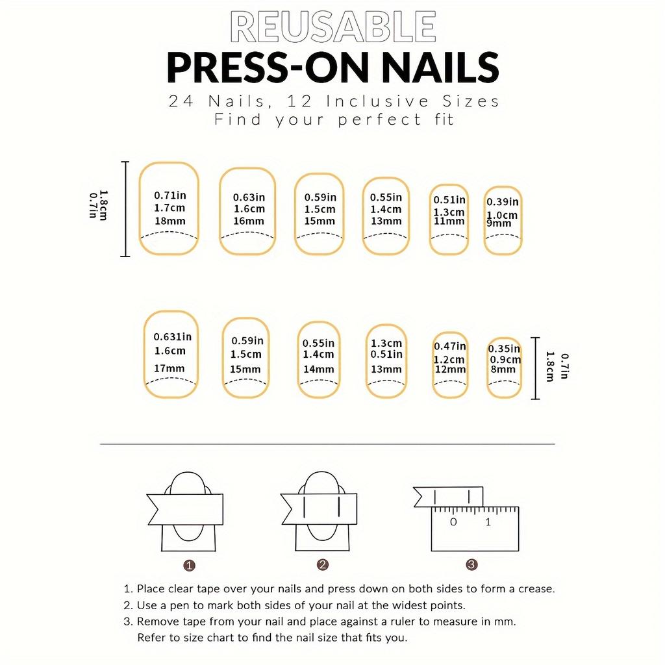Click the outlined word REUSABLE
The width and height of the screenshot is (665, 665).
pyautogui.click(x=333, y=27)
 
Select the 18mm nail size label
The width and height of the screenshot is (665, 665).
pyautogui.click(x=169, y=221)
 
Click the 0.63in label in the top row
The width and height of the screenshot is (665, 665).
pyautogui.click(x=249, y=197)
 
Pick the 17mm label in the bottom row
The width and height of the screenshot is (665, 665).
pyautogui.click(x=169, y=368)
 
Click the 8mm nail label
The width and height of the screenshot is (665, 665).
pyautogui.click(x=503, y=370)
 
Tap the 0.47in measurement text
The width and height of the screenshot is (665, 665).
pyautogui.click(x=450, y=347)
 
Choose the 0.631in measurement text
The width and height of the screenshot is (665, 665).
pyautogui.click(x=173, y=337)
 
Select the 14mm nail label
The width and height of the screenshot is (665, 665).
pyautogui.click(x=318, y=370)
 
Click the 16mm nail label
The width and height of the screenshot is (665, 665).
pyautogui.click(x=249, y=221)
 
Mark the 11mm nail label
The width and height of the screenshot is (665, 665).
pyautogui.click(x=449, y=221)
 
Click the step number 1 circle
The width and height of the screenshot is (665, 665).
pyautogui.click(x=189, y=566)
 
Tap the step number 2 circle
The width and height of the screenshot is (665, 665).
pyautogui.click(x=323, y=564)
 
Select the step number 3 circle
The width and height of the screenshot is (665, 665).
pyautogui.click(x=471, y=564)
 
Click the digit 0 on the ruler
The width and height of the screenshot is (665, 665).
pyautogui.click(x=453, y=521)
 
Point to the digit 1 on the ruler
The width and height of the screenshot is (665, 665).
pyautogui.click(x=488, y=521)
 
